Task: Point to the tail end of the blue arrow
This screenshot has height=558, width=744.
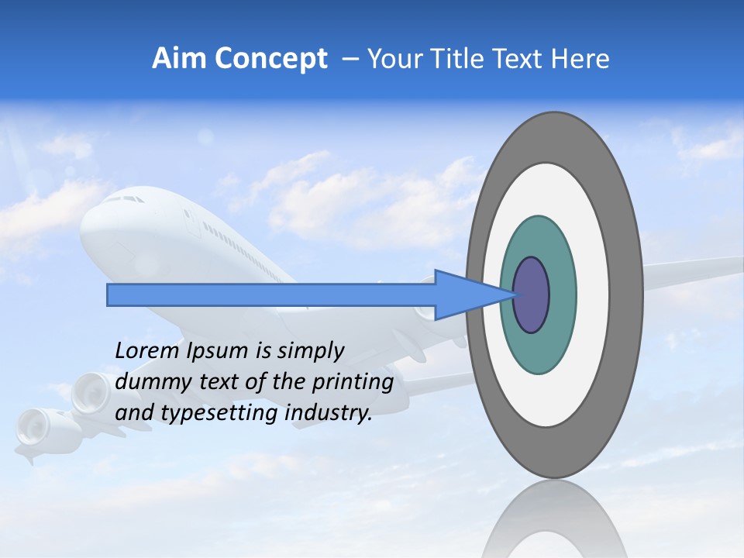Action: [x=112, y=295]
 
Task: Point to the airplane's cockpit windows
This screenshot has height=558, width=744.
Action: [x=124, y=199]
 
